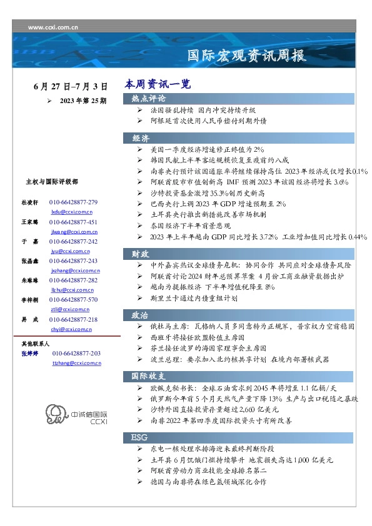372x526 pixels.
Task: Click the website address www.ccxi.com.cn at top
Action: pos(53,27)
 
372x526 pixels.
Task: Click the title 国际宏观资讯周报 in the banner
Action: pos(248,56)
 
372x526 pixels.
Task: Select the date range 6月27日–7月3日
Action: pos(70,86)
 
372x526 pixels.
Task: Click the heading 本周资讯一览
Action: pos(157,84)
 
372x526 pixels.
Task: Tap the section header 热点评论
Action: pos(148,99)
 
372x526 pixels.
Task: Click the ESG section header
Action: pos(139,436)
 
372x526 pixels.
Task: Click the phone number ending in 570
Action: pos(74,300)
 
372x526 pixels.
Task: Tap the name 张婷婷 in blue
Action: pos(30,354)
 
